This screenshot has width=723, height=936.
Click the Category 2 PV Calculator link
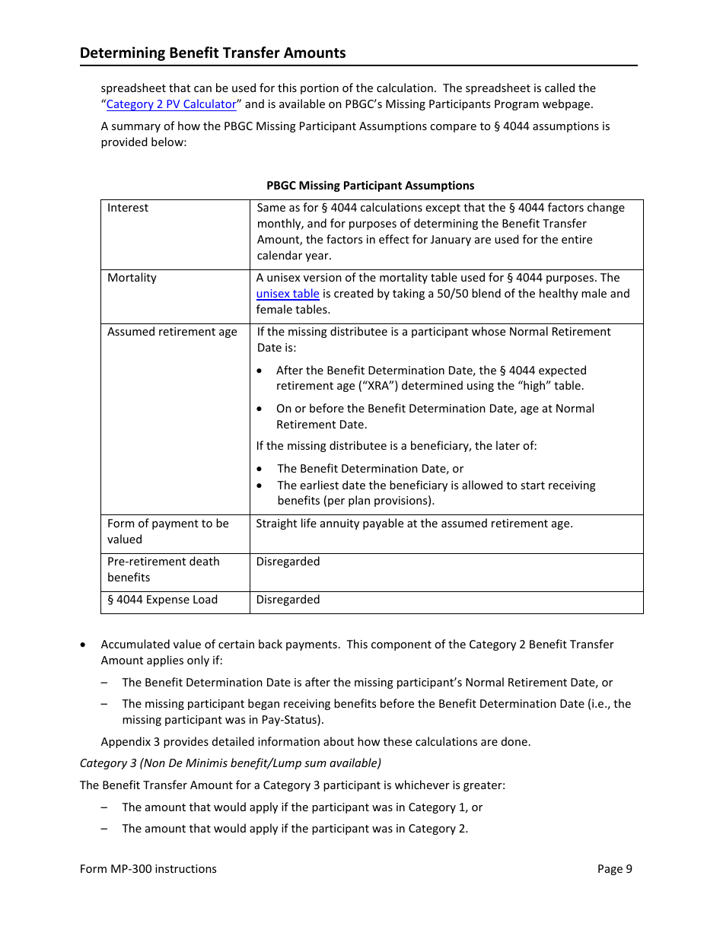tap(171, 104)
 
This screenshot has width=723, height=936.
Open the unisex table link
tap(288, 294)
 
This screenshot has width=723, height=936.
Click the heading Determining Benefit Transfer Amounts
tap(212, 53)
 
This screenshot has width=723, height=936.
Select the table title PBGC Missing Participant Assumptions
tap(370, 186)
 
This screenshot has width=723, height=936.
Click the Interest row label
tap(128, 208)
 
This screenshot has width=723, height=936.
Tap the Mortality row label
tap(132, 278)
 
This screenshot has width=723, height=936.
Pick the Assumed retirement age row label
tap(172, 332)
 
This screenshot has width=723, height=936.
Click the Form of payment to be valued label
tap(167, 531)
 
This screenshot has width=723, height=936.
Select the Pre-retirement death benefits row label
tap(163, 569)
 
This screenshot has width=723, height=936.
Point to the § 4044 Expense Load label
tap(162, 600)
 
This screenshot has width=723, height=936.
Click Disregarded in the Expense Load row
tap(288, 600)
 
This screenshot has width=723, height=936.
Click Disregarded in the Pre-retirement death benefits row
tap(288, 562)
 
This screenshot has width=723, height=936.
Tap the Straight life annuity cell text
tap(414, 524)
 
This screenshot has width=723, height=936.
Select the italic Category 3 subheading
tap(231, 762)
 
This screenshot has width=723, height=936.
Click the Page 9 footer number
tap(614, 869)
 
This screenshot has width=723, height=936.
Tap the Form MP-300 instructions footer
tap(148, 869)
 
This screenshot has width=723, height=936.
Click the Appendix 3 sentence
tap(315, 742)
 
